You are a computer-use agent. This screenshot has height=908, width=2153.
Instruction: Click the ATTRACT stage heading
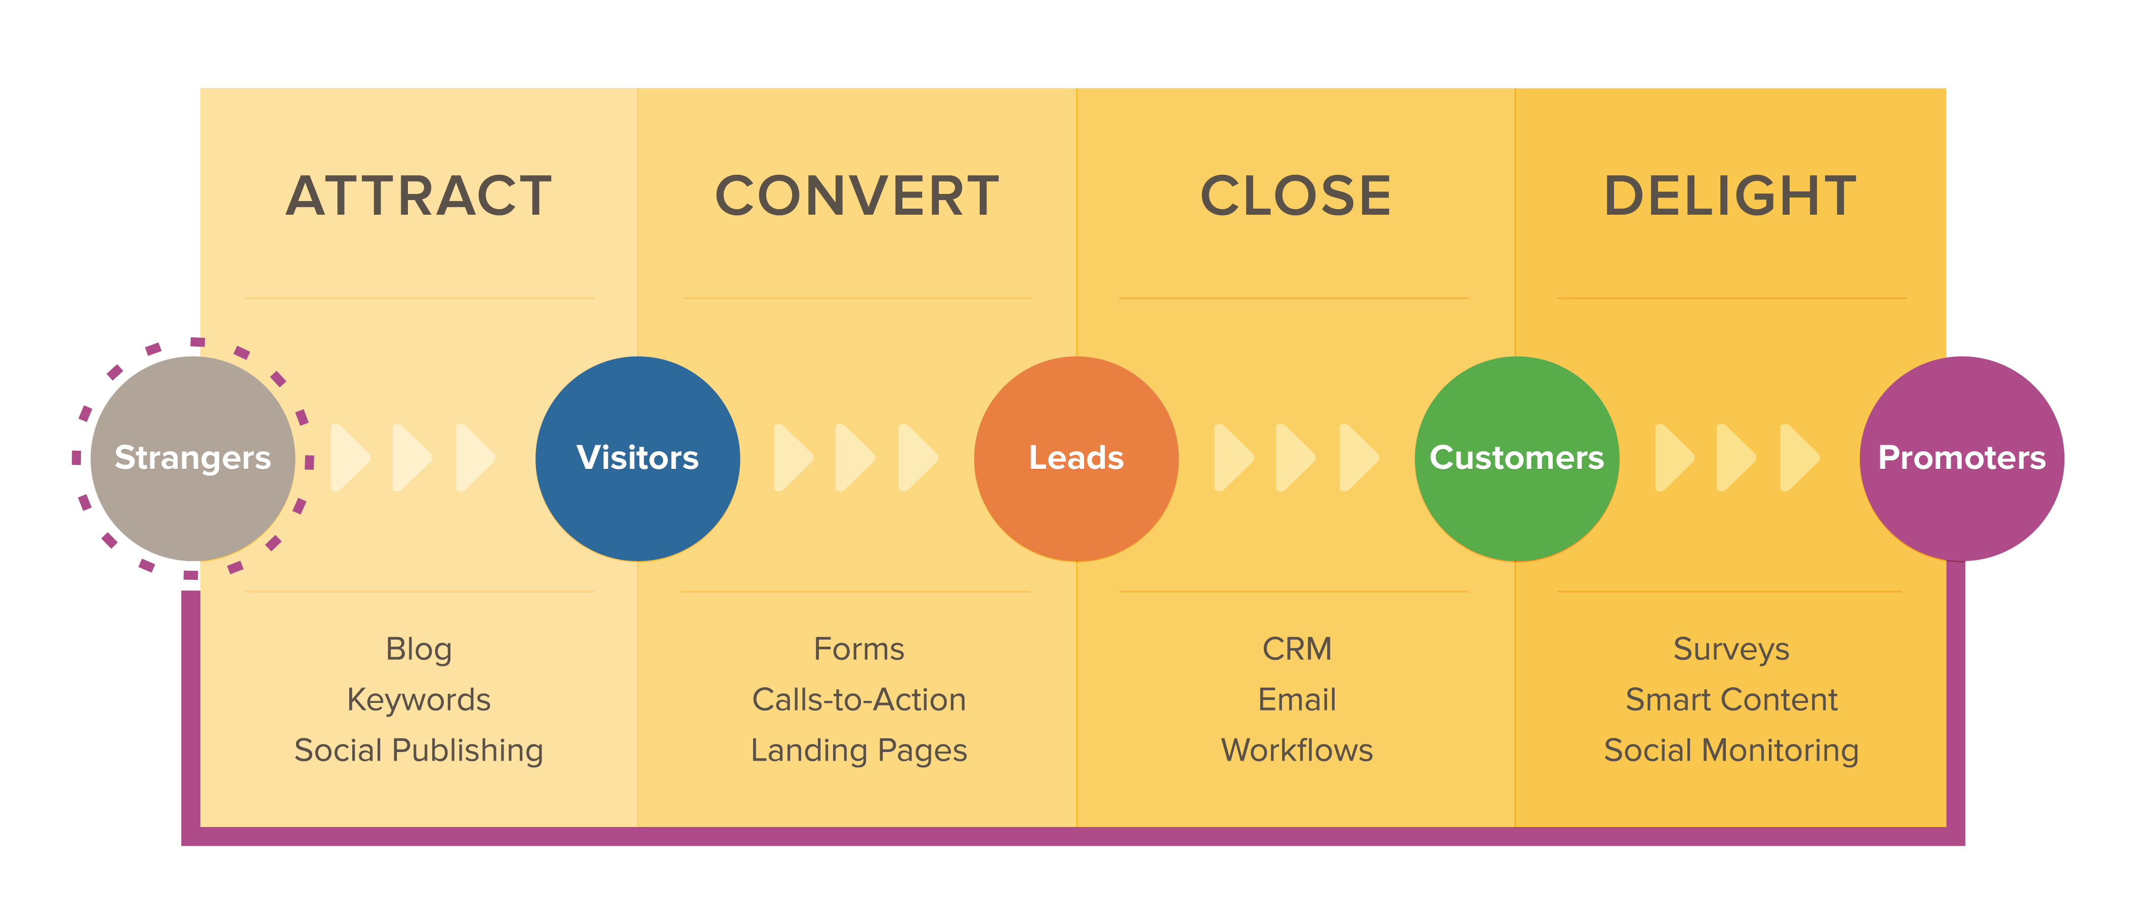[419, 196]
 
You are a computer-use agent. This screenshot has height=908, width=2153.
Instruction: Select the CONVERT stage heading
[857, 196]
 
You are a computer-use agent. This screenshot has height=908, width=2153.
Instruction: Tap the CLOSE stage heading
[1296, 196]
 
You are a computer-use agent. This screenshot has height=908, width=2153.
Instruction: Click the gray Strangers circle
[193, 458]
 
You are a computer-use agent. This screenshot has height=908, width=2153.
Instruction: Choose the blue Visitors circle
[638, 458]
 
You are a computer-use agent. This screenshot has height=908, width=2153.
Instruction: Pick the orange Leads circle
[1076, 458]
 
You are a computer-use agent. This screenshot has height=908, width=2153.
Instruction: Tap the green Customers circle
[1517, 458]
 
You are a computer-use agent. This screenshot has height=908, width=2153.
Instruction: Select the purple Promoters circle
[1962, 458]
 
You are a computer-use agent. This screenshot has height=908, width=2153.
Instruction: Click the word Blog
[419, 649]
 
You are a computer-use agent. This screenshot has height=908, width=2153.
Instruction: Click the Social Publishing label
[419, 750]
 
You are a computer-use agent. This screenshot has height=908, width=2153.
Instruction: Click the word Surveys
[1731, 649]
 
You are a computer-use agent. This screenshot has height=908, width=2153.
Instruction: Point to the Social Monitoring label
[1731, 750]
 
